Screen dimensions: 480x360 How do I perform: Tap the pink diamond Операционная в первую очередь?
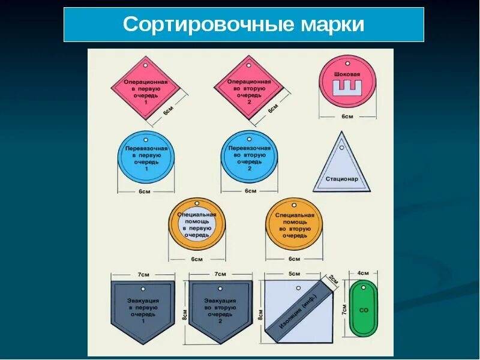click(x=145, y=91)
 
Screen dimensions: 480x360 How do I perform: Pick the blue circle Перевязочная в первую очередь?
click(x=146, y=158)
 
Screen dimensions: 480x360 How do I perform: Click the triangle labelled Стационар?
click(x=341, y=166)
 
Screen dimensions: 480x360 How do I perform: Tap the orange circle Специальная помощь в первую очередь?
click(x=197, y=224)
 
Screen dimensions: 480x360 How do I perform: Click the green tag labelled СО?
click(x=364, y=308)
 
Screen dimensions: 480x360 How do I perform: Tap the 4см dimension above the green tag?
click(x=363, y=274)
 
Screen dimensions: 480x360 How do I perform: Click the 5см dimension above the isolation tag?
click(x=294, y=274)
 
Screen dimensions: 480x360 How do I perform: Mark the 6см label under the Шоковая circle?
click(x=347, y=116)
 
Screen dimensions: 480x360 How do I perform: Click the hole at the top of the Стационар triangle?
click(x=341, y=146)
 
